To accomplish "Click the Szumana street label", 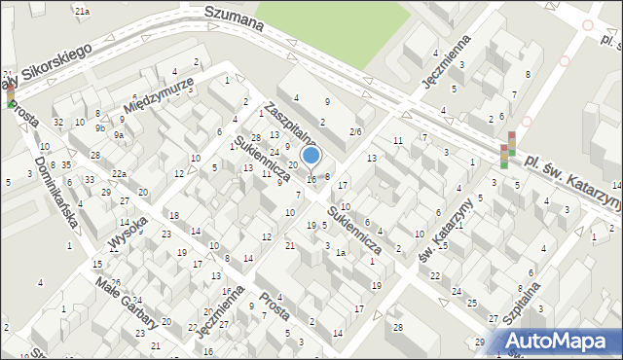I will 235,20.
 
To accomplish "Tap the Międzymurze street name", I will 162,94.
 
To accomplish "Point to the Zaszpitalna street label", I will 290,124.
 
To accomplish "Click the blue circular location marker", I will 311,155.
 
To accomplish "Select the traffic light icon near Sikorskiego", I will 11,92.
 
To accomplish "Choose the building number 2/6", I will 355,131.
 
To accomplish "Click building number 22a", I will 119,173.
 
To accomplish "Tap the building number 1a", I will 340,253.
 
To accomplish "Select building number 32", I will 58,122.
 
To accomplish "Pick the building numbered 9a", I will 118,135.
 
